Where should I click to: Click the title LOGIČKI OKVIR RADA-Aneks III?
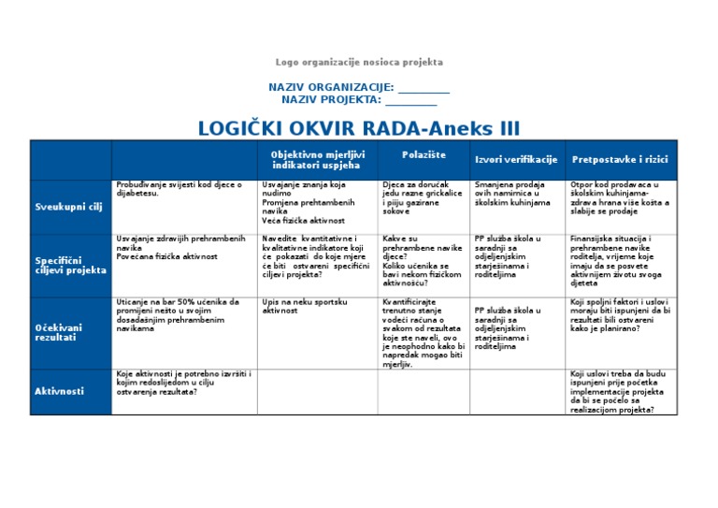pos(359,128)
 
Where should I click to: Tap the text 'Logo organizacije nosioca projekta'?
pos(359,63)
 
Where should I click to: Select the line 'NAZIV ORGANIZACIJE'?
pos(359,87)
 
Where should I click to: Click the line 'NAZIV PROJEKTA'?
pos(359,99)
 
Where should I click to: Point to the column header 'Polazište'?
pos(424,153)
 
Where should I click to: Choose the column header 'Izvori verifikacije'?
pos(516,160)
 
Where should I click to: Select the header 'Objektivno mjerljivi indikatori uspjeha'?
pos(318,159)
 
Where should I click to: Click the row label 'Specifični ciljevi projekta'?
pos(70,265)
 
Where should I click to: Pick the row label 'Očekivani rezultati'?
pos(59,332)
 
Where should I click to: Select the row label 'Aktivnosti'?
pos(59,390)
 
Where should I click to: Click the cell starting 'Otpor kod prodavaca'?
pos(619,198)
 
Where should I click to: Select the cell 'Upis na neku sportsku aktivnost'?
pos(306,306)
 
